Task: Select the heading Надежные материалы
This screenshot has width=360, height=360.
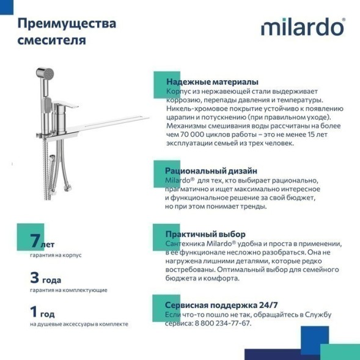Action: click(x=211, y=82)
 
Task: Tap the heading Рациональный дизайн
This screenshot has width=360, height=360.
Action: click(x=211, y=171)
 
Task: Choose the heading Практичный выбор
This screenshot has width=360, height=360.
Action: click(x=205, y=234)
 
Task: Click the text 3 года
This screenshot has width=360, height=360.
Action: click(x=46, y=277)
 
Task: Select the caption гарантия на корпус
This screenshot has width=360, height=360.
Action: click(x=55, y=255)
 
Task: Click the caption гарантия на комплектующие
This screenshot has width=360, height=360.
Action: click(x=68, y=290)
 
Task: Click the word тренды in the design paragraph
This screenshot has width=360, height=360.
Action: click(x=252, y=207)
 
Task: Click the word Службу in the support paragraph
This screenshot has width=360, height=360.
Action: click(x=318, y=314)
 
